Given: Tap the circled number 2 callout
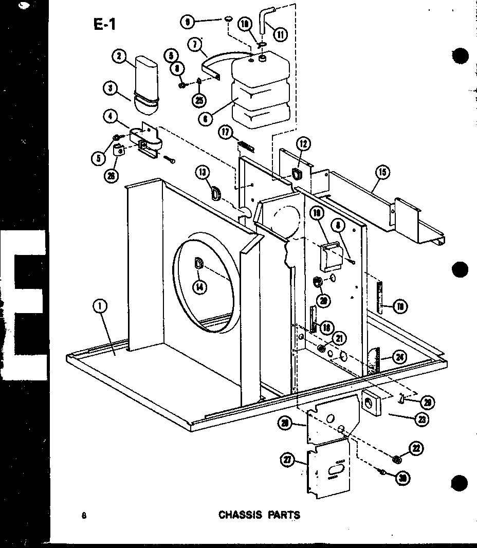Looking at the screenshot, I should tap(119, 57).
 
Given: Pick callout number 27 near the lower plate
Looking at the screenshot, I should tap(288, 460).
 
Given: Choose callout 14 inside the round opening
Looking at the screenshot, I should tap(200, 288).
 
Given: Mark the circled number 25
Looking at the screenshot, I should tap(199, 100).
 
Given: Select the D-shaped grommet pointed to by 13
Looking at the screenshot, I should tap(216, 193).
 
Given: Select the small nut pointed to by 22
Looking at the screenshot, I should tap(397, 459).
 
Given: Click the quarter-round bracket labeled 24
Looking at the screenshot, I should tap(374, 361).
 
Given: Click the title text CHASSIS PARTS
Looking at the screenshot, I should tap(259, 514).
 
